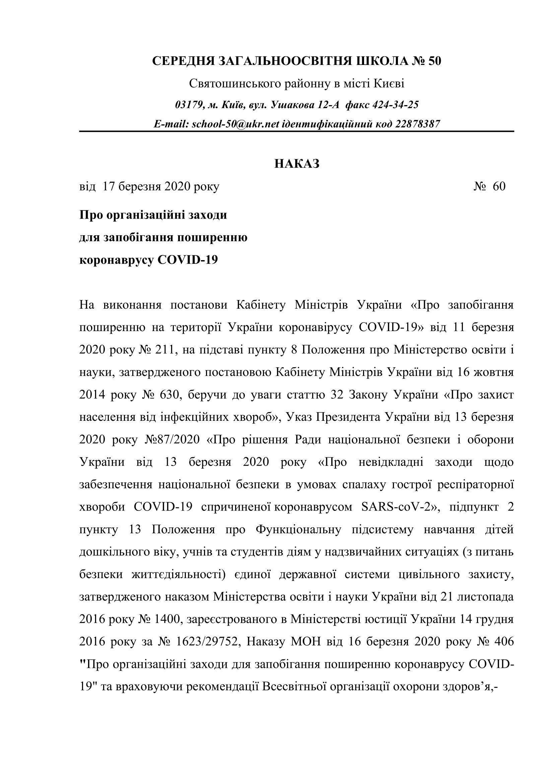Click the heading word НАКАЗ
point(297,164)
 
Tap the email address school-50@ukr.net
point(236,124)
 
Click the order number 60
point(499,186)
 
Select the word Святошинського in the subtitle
point(236,84)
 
